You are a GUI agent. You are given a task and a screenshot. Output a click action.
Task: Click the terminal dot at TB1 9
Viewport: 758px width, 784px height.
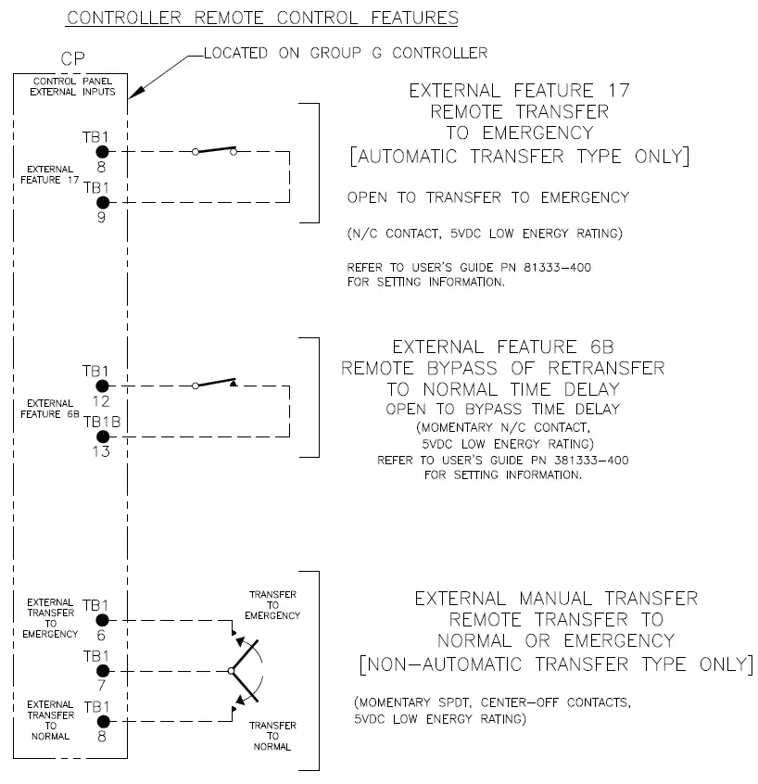[x=102, y=202]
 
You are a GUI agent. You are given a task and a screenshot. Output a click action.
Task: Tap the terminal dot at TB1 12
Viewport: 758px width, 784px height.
[x=102, y=386]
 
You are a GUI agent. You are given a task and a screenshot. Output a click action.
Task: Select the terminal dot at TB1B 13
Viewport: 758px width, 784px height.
[x=102, y=436]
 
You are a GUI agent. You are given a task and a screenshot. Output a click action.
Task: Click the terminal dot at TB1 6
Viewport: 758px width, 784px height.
[x=102, y=620]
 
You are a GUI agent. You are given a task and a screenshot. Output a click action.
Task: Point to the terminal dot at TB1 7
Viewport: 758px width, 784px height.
[x=102, y=670]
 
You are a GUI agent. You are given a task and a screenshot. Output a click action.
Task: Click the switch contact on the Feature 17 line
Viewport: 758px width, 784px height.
[x=214, y=150]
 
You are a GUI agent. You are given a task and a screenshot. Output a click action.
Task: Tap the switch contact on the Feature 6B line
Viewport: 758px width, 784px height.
[x=214, y=384]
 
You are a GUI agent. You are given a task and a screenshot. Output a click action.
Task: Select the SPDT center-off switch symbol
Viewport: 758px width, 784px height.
[x=243, y=669]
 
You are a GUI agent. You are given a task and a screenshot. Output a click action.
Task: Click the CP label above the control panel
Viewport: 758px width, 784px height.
[x=73, y=59]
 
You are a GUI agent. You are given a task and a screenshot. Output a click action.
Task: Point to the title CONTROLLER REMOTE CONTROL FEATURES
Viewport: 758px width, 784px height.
[x=263, y=18]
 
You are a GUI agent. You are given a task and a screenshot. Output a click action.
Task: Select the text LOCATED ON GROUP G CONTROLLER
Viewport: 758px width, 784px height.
[x=345, y=53]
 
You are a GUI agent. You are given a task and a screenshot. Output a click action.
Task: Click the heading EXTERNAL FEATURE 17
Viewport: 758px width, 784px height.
[x=519, y=91]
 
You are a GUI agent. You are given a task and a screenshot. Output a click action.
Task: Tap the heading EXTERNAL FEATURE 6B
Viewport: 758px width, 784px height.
[x=502, y=348]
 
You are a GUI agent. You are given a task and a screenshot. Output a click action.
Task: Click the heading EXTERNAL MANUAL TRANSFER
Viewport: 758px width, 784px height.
[x=556, y=599]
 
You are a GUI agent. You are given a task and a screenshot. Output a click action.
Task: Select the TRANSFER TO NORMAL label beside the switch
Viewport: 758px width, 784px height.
[x=272, y=736]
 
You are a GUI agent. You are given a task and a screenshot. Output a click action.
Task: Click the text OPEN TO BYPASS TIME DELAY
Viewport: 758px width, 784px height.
[x=502, y=409]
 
